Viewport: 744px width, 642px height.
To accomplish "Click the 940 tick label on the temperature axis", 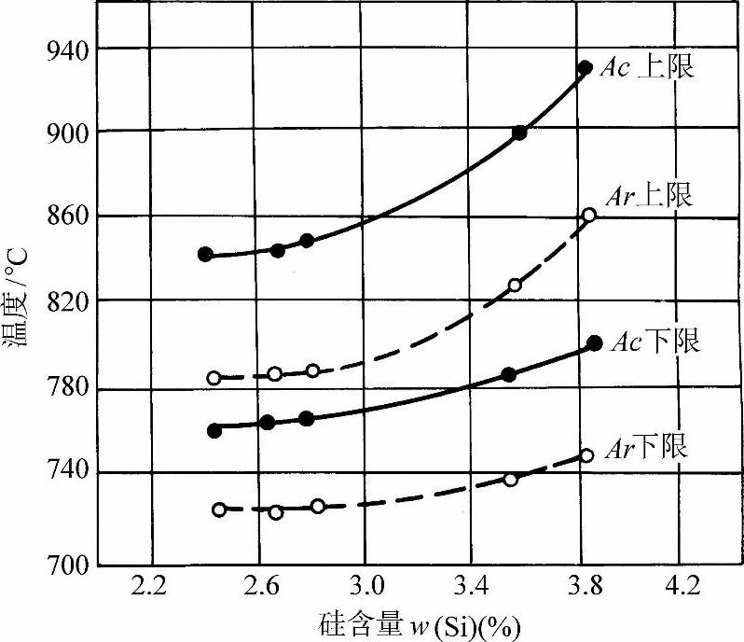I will (x=65, y=48).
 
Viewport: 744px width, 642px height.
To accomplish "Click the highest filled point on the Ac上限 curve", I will (x=586, y=67).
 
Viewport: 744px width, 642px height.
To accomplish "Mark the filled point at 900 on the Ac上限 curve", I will (x=519, y=133).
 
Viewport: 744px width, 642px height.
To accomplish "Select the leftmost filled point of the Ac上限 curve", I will (x=205, y=254).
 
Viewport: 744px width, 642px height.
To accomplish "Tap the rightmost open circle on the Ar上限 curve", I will (x=588, y=215).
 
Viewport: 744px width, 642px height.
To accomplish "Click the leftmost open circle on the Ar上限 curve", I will (x=214, y=378).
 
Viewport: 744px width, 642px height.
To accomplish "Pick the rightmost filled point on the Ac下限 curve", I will (x=595, y=342).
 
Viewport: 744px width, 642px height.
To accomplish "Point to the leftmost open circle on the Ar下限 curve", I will (x=219, y=509).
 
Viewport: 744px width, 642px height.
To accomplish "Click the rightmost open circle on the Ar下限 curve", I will (x=586, y=455).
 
